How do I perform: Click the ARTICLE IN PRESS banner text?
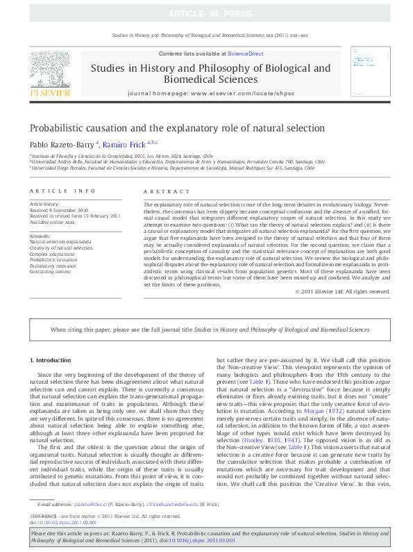pyautogui.click(x=206, y=14)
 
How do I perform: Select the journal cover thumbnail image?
pyautogui.click(x=367, y=72)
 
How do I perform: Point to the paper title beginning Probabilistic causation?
pyautogui.click(x=177, y=128)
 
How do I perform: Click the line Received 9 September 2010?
pyautogui.click(x=60, y=209)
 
